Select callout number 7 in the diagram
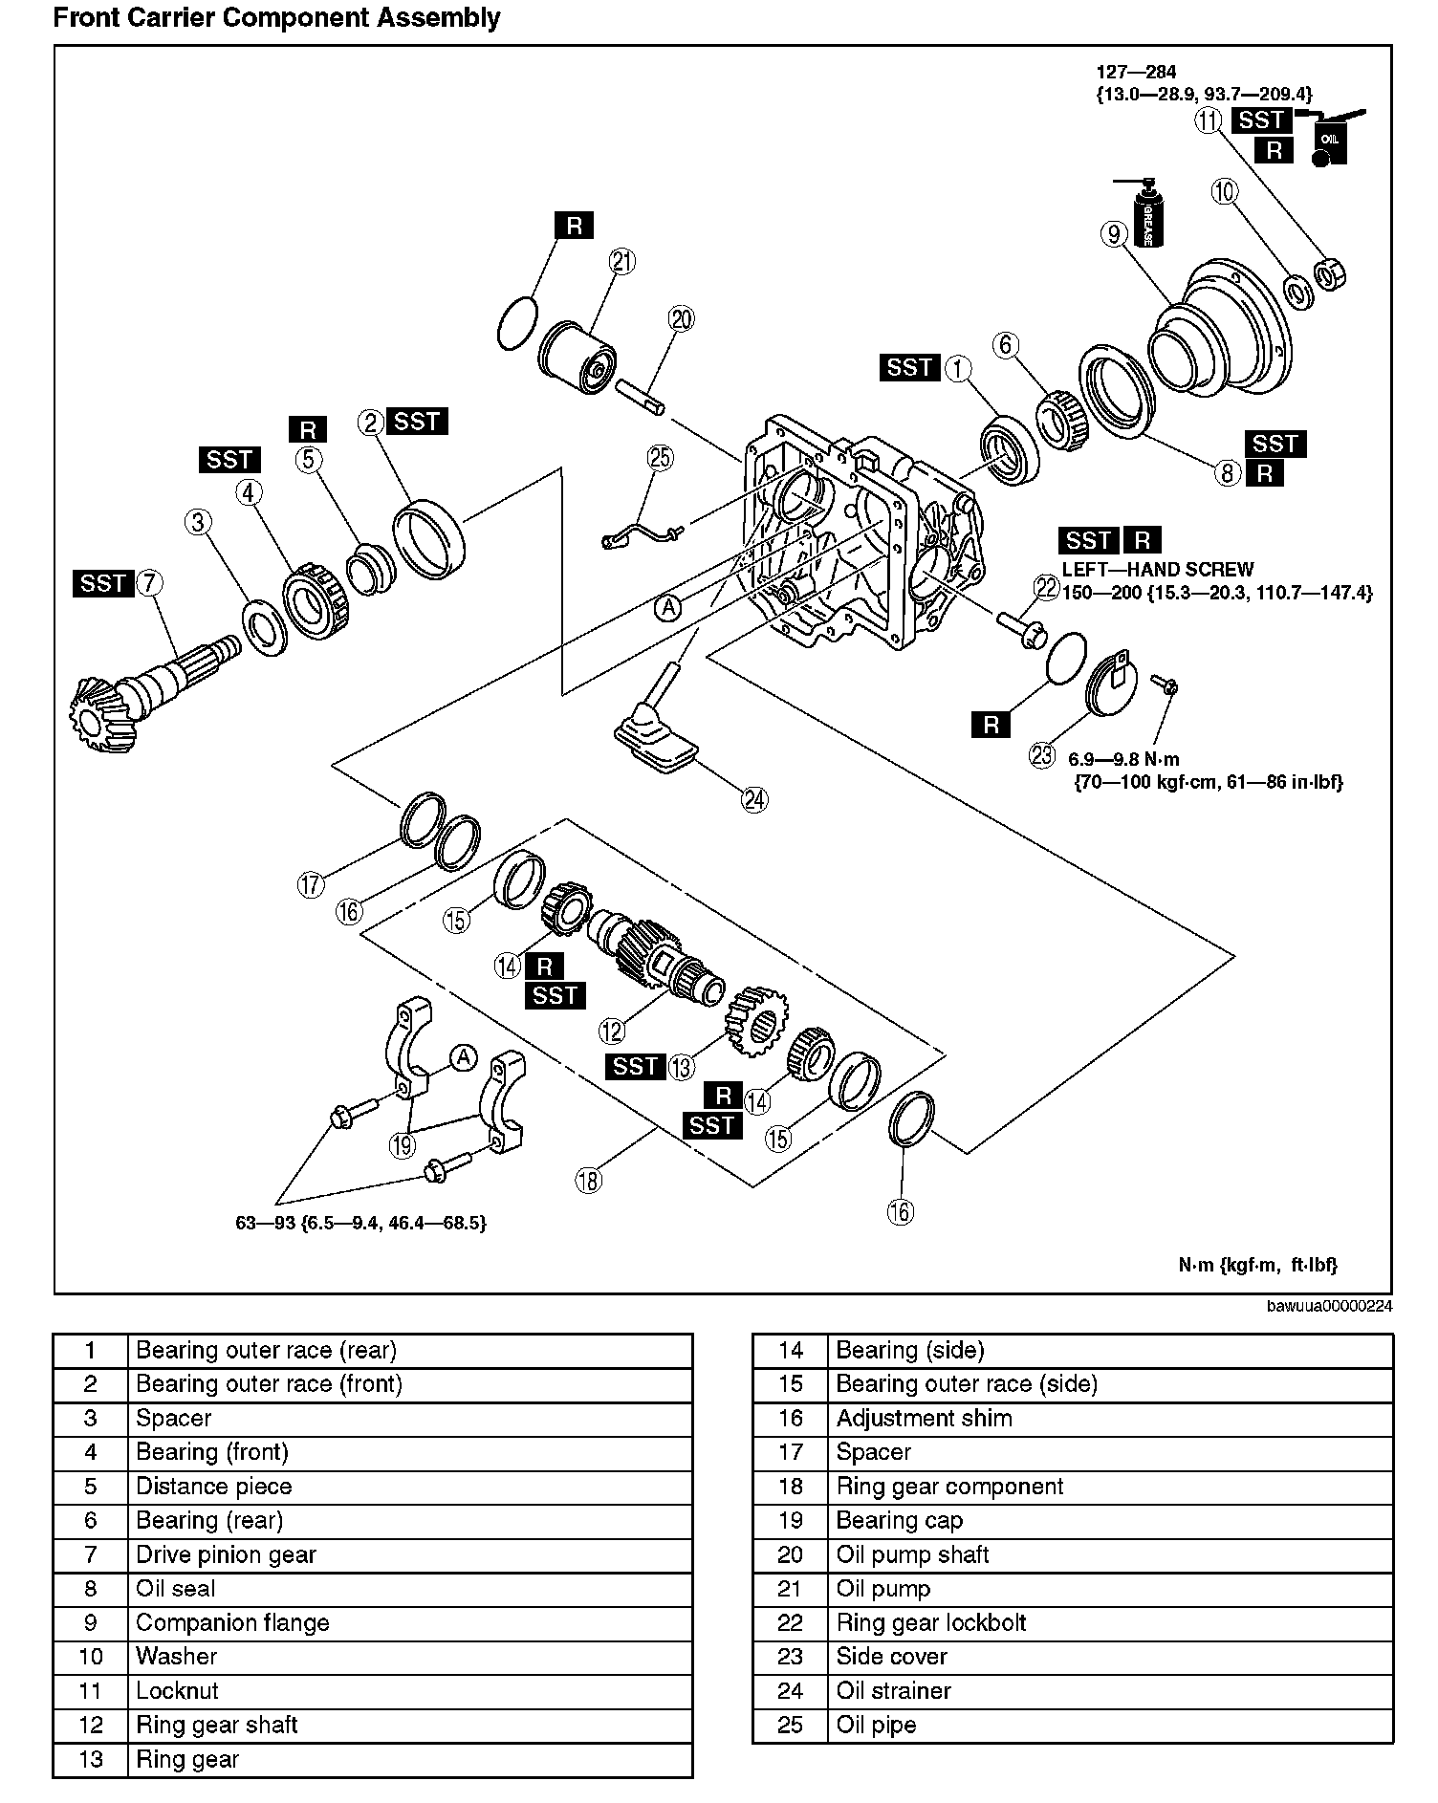point(149,582)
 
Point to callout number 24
point(754,798)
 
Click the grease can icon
point(1144,214)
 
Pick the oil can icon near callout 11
point(1330,141)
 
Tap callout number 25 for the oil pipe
point(661,458)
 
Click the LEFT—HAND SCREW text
point(1158,569)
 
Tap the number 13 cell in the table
point(91,1759)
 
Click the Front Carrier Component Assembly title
point(276,17)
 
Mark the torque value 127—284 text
point(1136,72)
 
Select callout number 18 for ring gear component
point(589,1181)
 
